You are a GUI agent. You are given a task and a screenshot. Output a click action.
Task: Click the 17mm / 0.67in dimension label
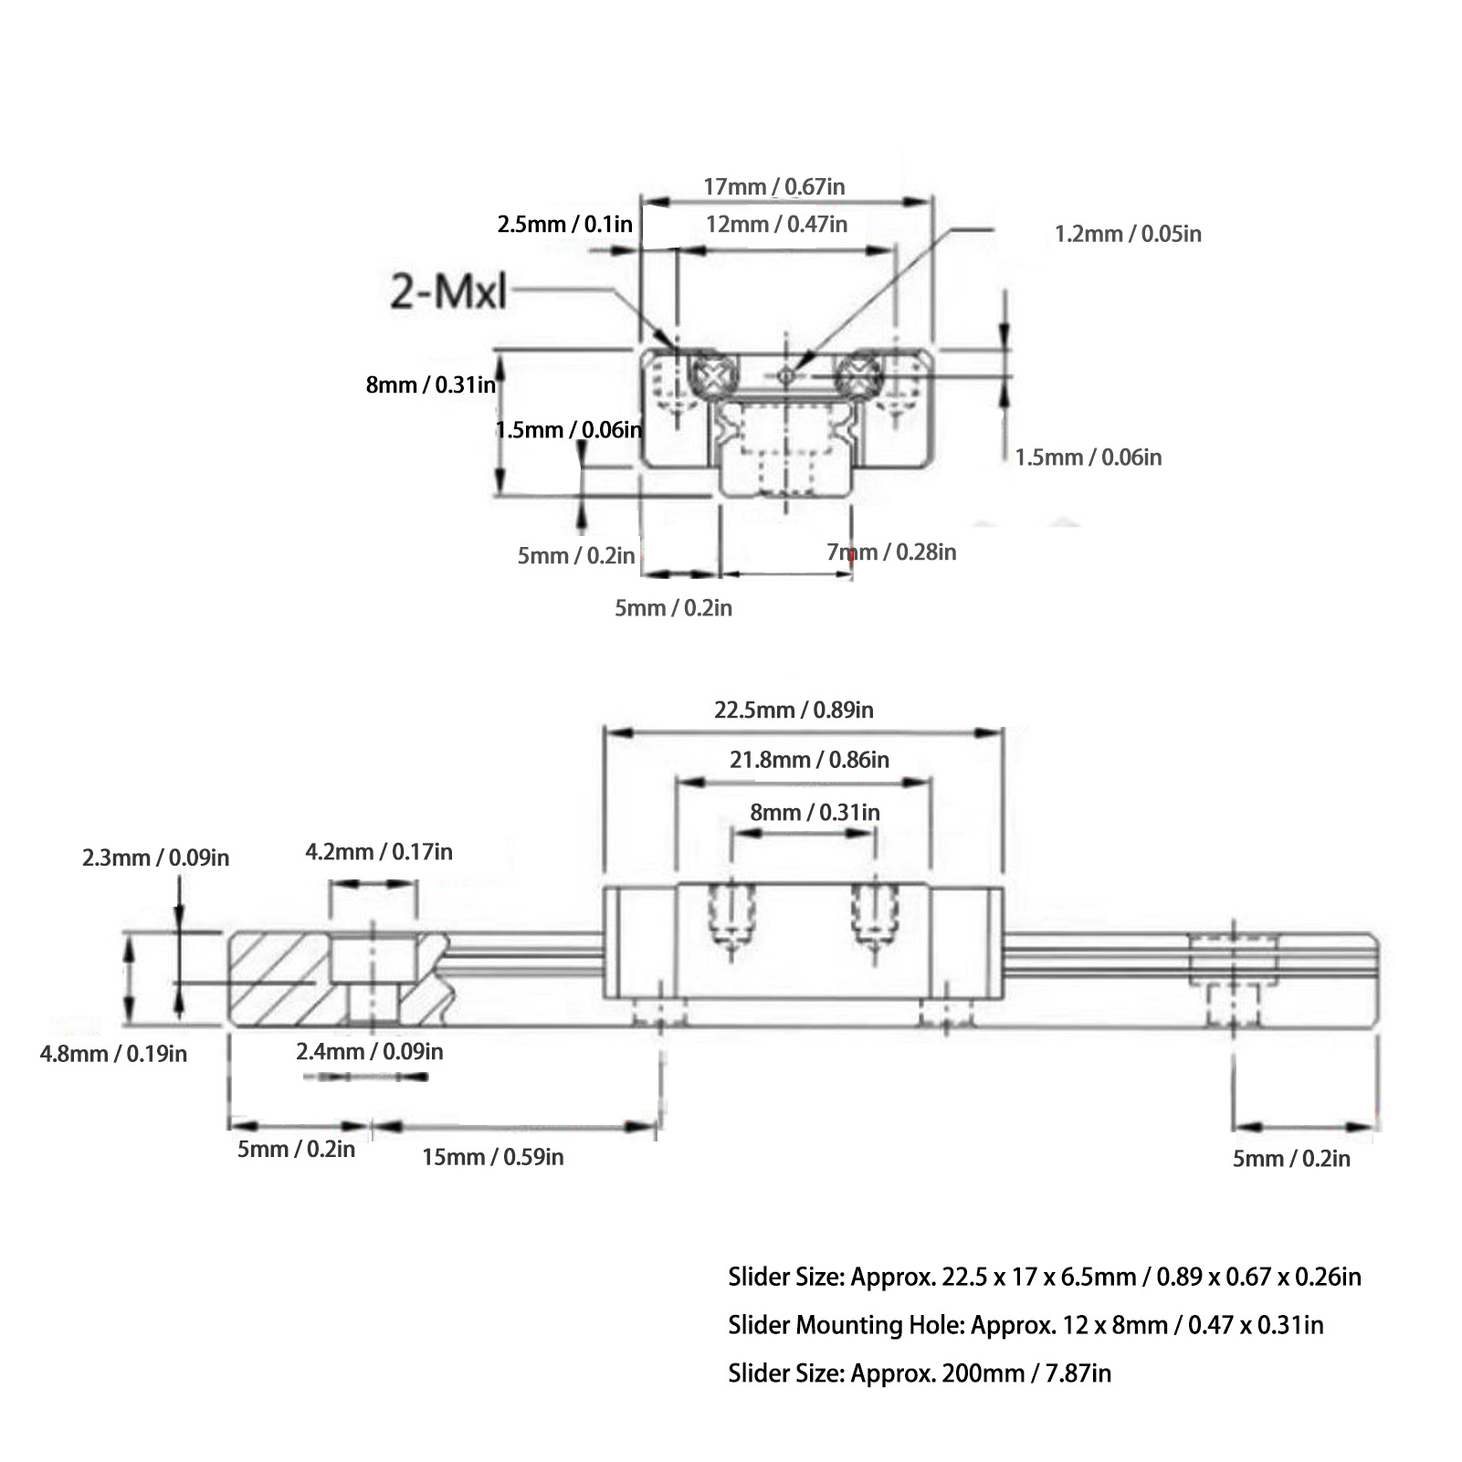coord(773,187)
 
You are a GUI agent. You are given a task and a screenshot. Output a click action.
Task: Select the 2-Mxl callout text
coord(447,292)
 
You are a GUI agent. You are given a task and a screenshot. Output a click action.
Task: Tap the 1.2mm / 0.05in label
coord(1128,234)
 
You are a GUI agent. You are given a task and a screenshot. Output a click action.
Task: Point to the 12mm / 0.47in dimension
coord(776,224)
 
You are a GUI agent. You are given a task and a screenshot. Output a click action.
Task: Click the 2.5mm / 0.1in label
coord(564,225)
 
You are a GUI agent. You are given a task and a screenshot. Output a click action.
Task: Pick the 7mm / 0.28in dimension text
coord(891,552)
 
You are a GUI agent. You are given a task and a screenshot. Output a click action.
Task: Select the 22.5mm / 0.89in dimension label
coord(794,710)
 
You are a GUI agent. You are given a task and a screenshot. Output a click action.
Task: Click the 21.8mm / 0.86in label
coord(809,759)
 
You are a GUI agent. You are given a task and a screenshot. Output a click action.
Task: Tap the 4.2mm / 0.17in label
coord(378,852)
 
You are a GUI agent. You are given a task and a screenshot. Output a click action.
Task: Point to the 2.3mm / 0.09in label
coord(155,857)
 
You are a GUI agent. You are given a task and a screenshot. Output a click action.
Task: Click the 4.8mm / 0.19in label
coord(113,1054)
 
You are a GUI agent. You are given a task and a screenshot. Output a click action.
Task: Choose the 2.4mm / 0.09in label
coord(369,1051)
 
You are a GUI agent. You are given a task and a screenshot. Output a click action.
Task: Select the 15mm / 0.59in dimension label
coord(492,1157)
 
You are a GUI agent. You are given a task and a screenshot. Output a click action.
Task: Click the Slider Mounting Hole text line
coord(1025,1324)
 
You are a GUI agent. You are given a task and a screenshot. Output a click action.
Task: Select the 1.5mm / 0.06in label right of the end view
coord(1089,457)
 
